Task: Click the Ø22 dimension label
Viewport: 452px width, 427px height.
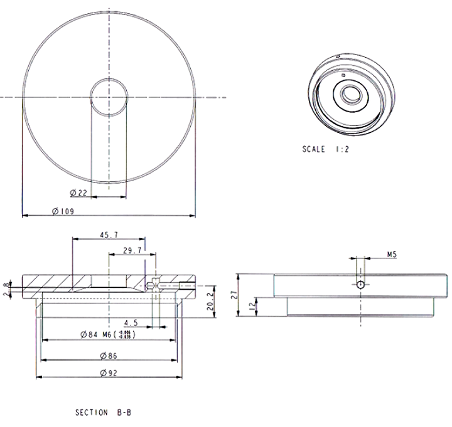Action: pos(78,192)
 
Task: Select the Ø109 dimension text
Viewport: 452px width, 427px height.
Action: pos(63,212)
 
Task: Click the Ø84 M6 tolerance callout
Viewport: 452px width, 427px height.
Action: pos(108,335)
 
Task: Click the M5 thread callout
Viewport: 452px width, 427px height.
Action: pos(392,255)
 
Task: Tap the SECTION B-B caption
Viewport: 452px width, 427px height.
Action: pos(103,413)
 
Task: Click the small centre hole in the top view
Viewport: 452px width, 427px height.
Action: pos(109,97)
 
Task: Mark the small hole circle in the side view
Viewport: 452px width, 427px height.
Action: pos(360,284)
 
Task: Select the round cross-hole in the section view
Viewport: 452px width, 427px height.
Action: pos(150,286)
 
